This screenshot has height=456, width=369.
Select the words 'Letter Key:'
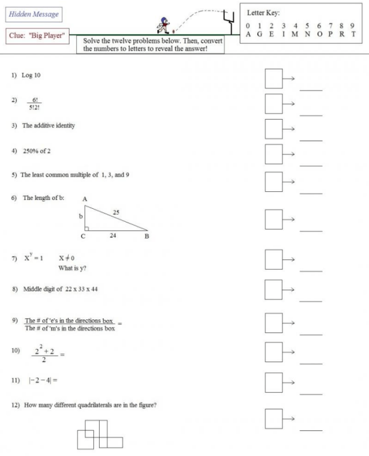(263, 13)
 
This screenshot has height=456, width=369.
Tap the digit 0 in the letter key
(248, 26)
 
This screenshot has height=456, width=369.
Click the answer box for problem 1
(274, 79)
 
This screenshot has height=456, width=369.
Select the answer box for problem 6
(274, 218)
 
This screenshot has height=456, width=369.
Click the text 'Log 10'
(31, 75)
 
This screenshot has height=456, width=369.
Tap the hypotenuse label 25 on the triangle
(115, 212)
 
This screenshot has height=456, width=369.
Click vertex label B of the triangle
(146, 236)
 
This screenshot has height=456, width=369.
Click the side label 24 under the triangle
(113, 235)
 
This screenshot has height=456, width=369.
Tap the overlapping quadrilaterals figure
(100, 434)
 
